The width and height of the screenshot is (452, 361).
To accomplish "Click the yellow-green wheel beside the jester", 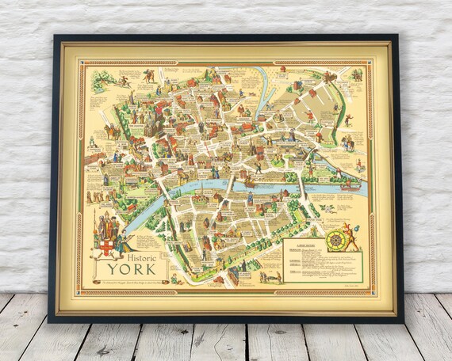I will pyautogui.click(x=336, y=240).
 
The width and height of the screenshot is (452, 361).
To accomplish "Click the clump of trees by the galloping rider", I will pyautogui.click(x=101, y=80).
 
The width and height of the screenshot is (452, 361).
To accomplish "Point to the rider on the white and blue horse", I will pyautogui.click(x=347, y=142).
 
